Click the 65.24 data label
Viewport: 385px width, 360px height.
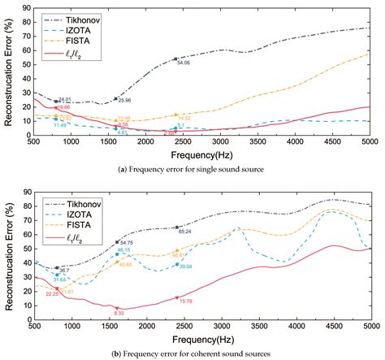[x=184, y=232]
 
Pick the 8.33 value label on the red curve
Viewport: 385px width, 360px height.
[x=119, y=313]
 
